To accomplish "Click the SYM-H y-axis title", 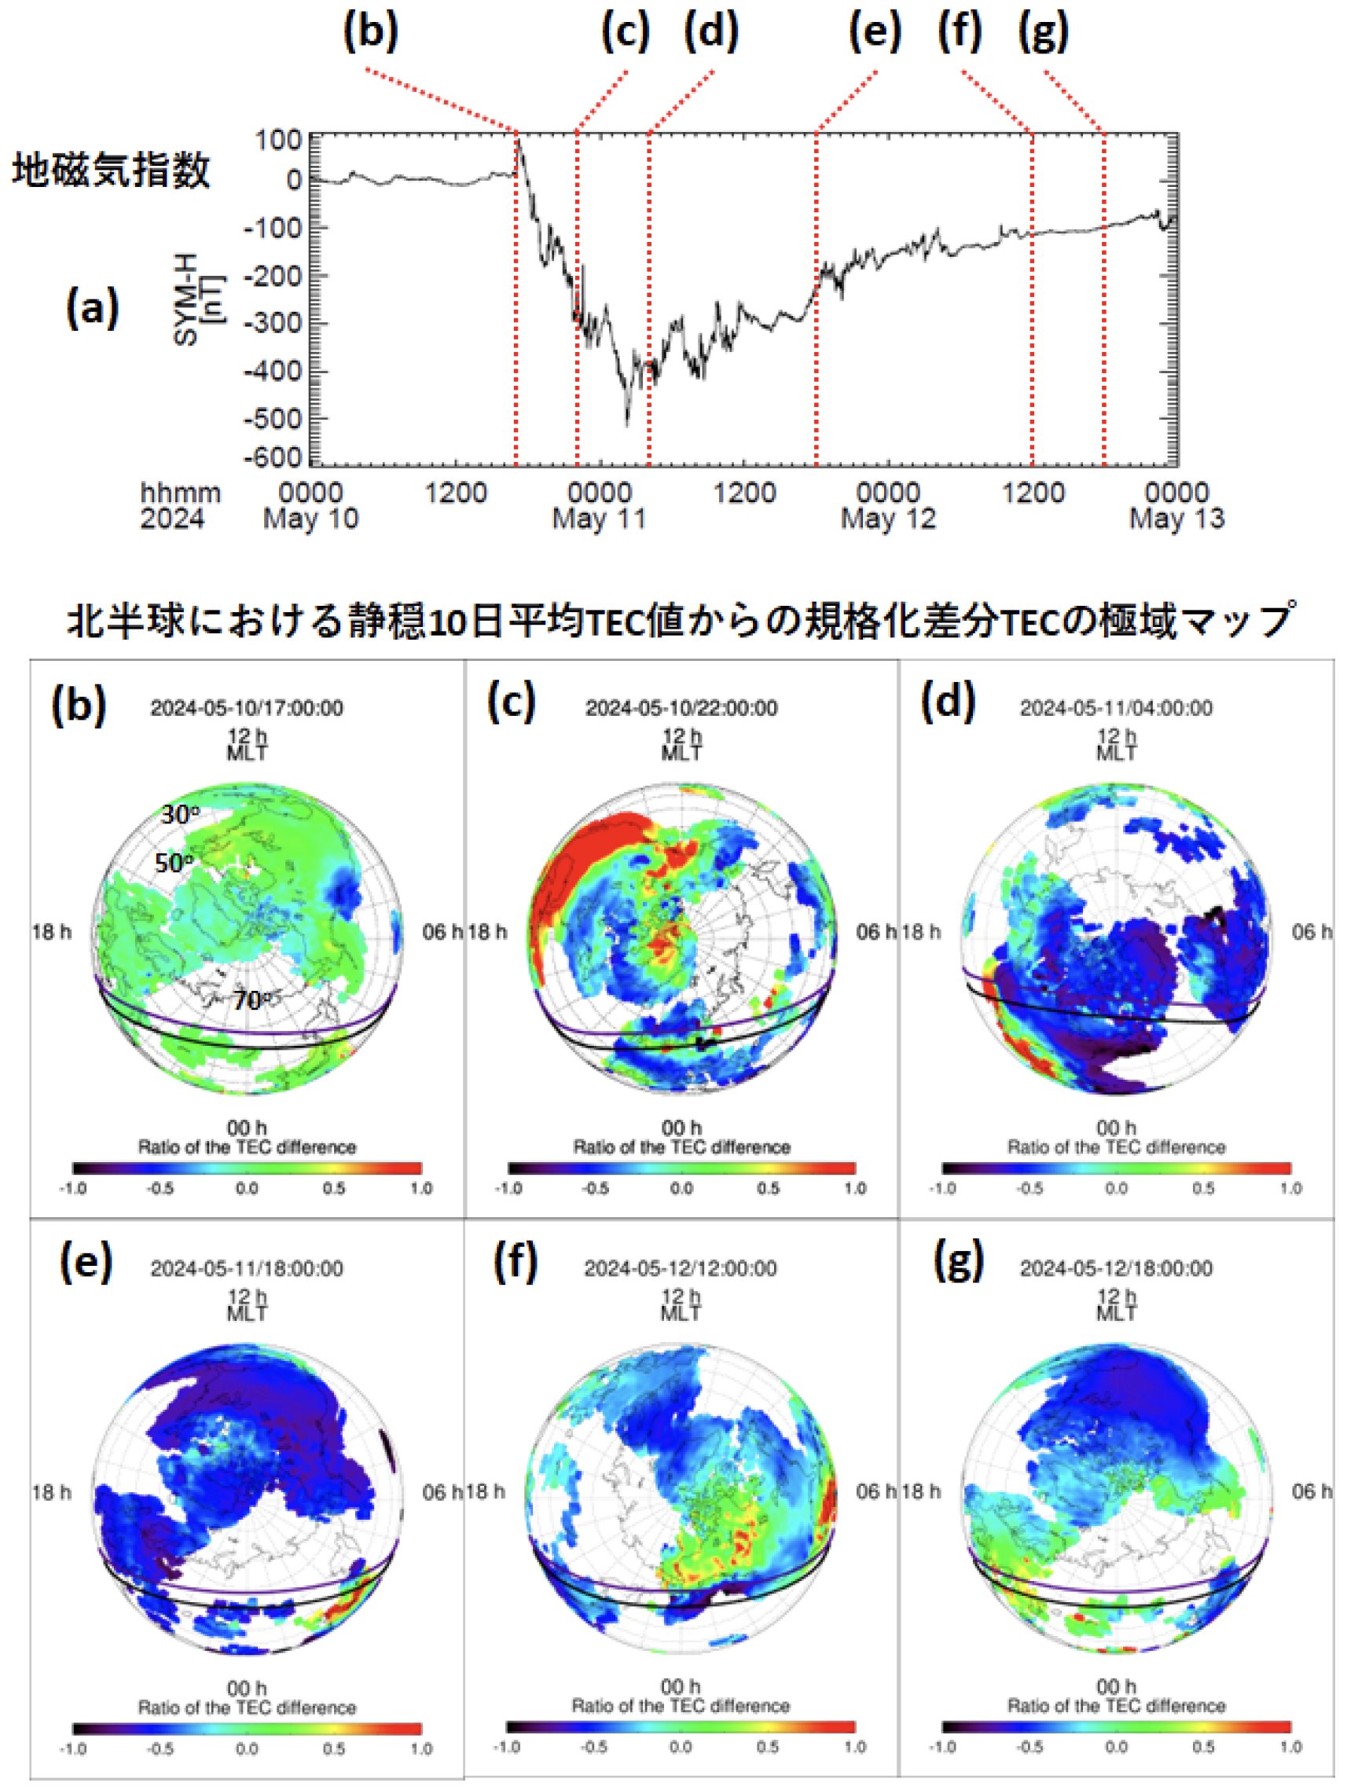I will (196, 299).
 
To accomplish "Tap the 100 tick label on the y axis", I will (277, 140).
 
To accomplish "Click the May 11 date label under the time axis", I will (599, 519).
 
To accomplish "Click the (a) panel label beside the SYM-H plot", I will (92, 308).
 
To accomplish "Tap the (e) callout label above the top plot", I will (874, 32).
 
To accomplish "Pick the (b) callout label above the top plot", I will (371, 32).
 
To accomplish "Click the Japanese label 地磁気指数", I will (111, 170).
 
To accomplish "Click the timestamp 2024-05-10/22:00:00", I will (681, 708).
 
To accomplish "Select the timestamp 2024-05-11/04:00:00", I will (1115, 708).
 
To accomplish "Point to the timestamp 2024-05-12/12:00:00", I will (680, 1268).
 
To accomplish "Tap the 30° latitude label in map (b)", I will (180, 814).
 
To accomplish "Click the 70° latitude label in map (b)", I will (251, 1001).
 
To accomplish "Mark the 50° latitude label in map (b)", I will (174, 863).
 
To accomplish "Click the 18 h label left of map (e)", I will (51, 1491).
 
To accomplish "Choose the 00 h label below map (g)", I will (1115, 1686).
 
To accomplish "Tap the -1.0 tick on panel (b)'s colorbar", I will (73, 1188).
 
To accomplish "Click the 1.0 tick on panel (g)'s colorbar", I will (1290, 1747).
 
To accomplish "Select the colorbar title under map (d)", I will (1115, 1146).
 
